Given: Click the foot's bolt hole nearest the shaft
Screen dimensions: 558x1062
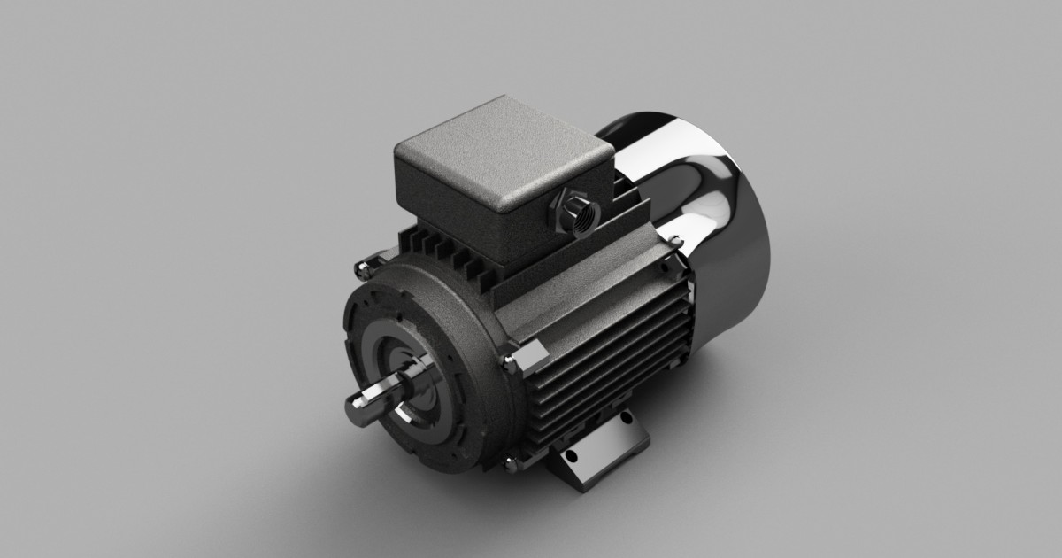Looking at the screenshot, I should click(x=571, y=458).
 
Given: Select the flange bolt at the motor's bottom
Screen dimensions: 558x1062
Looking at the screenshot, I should click(x=511, y=462).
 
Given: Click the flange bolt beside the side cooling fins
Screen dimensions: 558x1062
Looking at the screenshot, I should click(x=511, y=362).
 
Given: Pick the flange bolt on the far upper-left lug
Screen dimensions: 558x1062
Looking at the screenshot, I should click(x=362, y=267).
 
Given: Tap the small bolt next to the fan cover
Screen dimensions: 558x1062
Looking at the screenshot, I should click(x=675, y=240).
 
